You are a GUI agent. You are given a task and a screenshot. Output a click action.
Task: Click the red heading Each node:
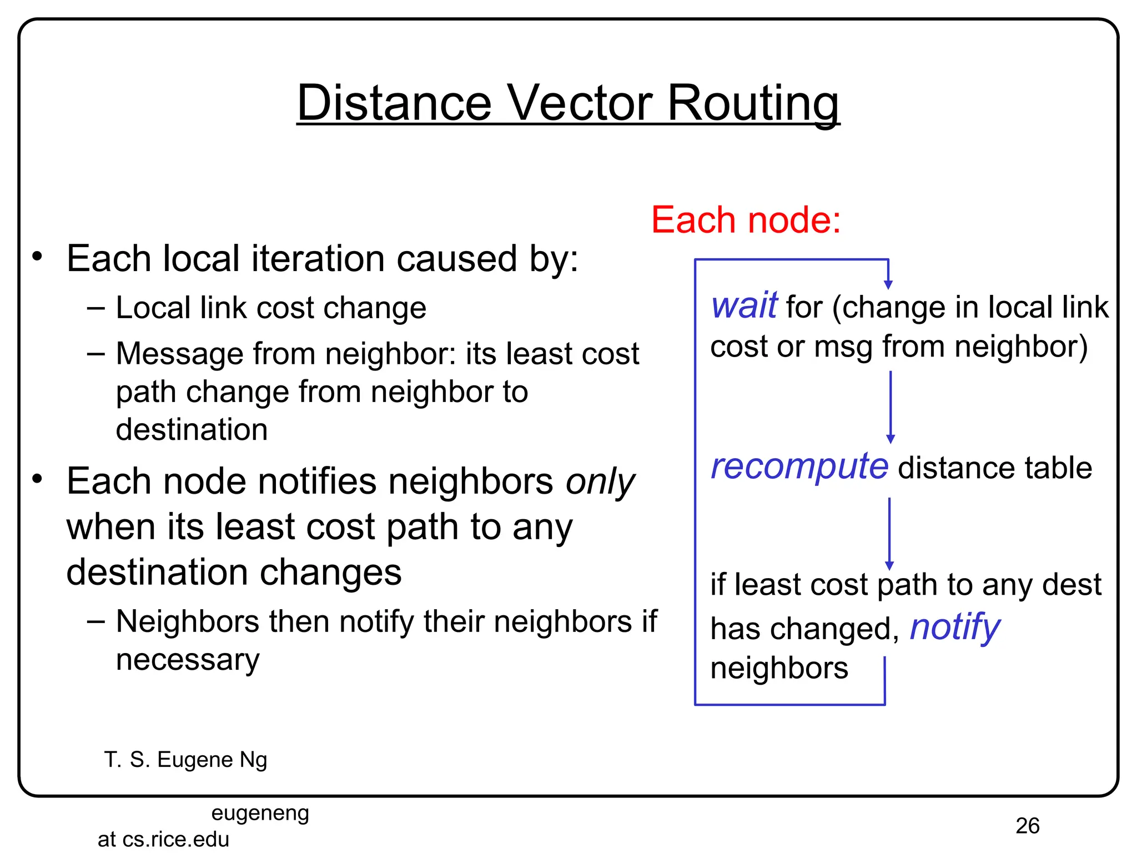tap(746, 220)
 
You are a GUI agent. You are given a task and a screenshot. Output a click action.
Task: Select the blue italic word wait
tap(744, 306)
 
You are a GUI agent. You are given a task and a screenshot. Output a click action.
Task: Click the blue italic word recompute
tap(799, 467)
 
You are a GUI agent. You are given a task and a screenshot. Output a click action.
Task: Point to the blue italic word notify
tap(954, 628)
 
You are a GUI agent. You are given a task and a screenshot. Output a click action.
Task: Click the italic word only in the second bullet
tap(600, 481)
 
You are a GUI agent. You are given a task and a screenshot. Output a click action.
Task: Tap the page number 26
tap(1027, 826)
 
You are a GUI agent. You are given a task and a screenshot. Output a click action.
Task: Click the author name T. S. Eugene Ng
tap(185, 760)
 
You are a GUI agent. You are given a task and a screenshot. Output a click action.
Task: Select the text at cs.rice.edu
tap(163, 839)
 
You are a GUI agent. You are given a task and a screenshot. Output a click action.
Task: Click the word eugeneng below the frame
tap(260, 813)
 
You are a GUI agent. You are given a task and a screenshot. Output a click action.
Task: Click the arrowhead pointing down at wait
tap(888, 284)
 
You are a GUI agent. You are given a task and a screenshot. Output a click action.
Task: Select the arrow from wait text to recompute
tap(891, 405)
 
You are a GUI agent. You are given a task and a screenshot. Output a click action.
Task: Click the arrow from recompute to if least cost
tap(889, 533)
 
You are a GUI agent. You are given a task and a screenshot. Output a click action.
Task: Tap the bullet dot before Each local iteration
tap(37, 257)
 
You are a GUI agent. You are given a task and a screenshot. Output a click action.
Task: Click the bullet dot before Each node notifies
tap(37, 479)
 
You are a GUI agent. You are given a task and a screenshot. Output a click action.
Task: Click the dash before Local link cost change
tap(96, 308)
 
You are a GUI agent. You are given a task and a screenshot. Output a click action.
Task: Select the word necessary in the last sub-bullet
tap(188, 660)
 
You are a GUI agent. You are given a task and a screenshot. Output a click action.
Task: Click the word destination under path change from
tap(192, 430)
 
